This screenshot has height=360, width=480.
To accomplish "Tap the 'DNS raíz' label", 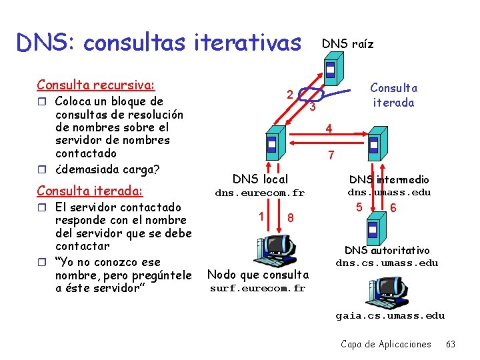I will click(347, 45).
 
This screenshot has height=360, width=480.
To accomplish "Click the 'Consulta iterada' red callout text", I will click(393, 95).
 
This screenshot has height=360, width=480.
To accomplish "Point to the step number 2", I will click(289, 93).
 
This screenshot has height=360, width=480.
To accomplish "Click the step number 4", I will click(328, 128).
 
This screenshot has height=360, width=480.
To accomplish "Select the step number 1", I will click(261, 215).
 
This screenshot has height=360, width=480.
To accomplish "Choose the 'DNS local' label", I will click(260, 179).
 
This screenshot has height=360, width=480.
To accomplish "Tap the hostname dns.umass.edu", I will click(389, 193).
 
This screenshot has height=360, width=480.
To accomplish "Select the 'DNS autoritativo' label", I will click(387, 250).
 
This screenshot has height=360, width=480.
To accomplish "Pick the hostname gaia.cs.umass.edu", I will click(390, 315).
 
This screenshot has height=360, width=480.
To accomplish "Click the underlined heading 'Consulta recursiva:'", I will click(96, 85).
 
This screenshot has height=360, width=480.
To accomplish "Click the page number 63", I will click(451, 344).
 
